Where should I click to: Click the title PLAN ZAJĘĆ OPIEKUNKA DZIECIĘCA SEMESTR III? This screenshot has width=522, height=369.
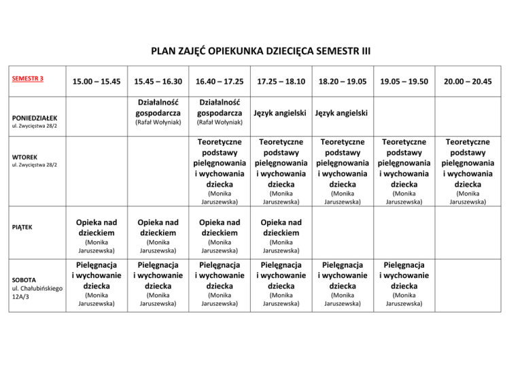tap(261, 50)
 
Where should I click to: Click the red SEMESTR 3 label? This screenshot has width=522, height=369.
tap(28, 78)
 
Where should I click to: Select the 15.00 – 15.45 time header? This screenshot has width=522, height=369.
tap(96, 82)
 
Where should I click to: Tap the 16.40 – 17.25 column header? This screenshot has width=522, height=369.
tap(220, 82)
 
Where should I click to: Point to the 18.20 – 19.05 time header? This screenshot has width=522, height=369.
tap(343, 82)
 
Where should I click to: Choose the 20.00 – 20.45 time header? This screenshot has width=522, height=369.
tap(466, 82)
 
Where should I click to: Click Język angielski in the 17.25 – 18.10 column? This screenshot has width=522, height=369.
tap(281, 112)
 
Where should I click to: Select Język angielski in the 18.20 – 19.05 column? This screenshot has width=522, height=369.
tap(343, 112)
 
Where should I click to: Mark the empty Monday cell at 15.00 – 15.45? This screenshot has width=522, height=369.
tap(96, 112)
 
